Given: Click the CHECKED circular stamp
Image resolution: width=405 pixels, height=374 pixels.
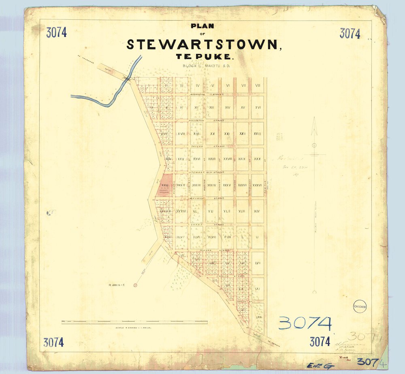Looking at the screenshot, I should click(x=360, y=307).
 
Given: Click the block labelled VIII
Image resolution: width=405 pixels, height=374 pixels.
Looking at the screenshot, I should click(x=258, y=85).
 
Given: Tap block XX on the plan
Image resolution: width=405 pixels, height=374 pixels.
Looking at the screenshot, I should click(x=212, y=134).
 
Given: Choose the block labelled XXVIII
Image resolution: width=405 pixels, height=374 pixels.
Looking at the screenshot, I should click(x=227, y=159).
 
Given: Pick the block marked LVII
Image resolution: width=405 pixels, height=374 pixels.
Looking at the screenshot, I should click(x=257, y=263).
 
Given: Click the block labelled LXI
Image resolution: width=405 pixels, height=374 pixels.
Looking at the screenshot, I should click(x=257, y=289).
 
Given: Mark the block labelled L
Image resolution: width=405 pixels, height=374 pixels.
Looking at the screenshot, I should click(x=242, y=237).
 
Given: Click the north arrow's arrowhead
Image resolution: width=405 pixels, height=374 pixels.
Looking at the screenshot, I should click(x=314, y=130).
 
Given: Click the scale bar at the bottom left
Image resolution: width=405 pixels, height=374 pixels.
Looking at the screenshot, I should click(x=134, y=322).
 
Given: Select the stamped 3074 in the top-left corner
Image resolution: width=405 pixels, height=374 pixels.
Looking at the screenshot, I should click(x=56, y=33).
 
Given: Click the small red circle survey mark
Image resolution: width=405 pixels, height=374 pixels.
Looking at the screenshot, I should click(x=135, y=285).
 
